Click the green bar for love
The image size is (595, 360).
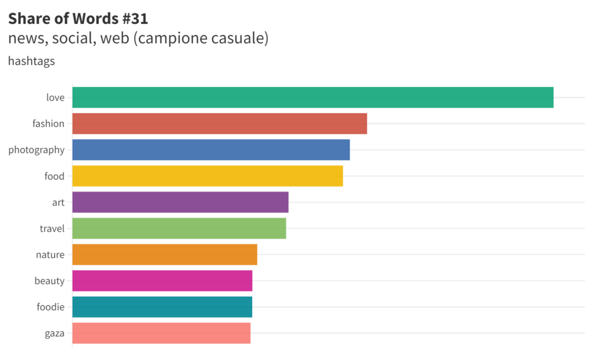pos(313,98)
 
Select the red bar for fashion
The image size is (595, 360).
pos(220,124)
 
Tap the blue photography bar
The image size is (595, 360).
pos(211,150)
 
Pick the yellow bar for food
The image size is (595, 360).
pos(207,176)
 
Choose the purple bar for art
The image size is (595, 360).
pos(180,202)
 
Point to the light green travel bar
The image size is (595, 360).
pos(179,228)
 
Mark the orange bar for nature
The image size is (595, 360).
pos(164,254)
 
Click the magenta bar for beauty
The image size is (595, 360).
pos(162,280)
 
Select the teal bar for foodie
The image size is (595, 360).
pos(162,307)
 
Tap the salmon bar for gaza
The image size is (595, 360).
pos(161,333)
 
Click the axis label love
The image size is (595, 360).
pos(55,98)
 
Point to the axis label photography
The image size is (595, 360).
pos(36,150)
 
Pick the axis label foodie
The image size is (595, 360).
pos(51,307)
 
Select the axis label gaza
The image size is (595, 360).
pos(54,333)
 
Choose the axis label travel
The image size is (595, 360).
pos(52,228)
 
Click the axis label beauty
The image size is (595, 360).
pos(49,281)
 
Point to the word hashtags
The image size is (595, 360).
pos(31,61)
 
